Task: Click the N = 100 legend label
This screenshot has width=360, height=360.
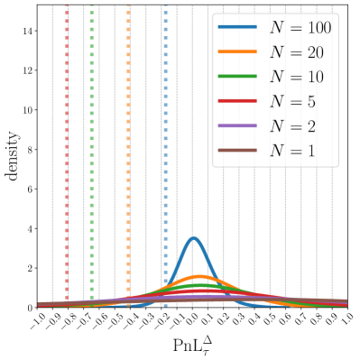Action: (x=300, y=28)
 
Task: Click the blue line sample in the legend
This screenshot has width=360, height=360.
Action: (x=237, y=28)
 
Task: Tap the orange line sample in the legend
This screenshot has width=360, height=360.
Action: (x=237, y=52)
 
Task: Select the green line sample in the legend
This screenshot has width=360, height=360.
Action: (x=237, y=77)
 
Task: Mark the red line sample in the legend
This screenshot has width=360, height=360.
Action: (x=237, y=101)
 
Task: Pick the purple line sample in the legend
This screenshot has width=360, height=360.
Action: (x=237, y=125)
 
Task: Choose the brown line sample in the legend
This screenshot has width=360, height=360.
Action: (x=237, y=150)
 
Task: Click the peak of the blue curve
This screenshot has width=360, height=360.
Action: (x=193, y=238)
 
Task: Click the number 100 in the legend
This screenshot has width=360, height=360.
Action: (x=318, y=28)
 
